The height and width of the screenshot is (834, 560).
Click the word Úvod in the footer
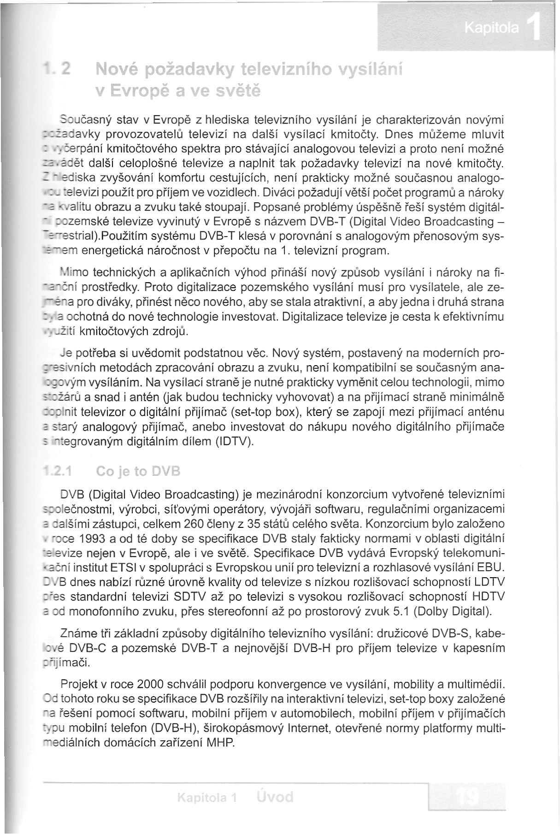pos(274,797)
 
